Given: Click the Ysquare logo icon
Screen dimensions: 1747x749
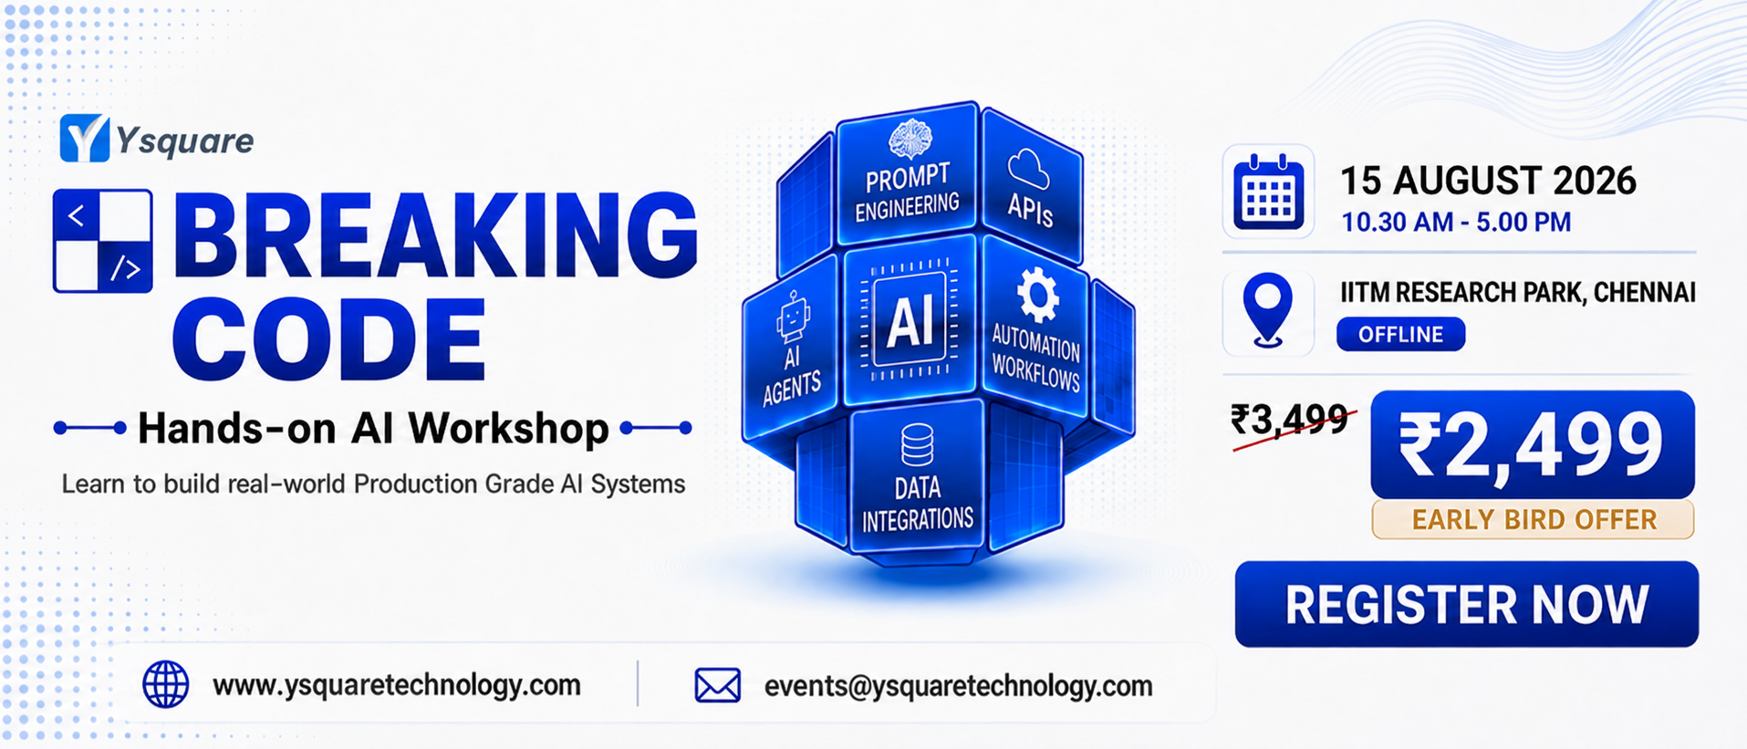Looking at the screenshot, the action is (x=85, y=139).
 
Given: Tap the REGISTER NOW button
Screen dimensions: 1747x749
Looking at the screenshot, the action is (x=1466, y=604).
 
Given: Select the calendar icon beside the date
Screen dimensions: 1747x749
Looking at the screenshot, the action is (x=1268, y=192).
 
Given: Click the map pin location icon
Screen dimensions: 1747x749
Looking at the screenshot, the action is (x=1267, y=310).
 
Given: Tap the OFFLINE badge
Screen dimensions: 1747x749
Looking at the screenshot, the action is (x=1400, y=334).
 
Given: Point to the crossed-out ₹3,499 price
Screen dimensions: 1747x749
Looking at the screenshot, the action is (x=1289, y=421).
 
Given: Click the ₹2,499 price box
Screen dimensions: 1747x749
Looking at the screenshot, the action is (x=1532, y=444).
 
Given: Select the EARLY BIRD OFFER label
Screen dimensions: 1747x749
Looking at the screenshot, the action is (x=1533, y=519).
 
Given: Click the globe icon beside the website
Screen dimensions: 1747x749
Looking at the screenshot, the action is (x=166, y=684).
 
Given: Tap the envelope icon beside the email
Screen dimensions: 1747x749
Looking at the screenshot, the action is (x=718, y=685).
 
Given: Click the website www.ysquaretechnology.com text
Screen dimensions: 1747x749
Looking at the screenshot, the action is (x=397, y=685).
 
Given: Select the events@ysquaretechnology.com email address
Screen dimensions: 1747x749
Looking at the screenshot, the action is (x=958, y=686).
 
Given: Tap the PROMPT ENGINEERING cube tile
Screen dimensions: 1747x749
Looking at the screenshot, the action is (x=907, y=174).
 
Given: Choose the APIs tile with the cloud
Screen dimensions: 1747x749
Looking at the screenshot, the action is (x=1031, y=187).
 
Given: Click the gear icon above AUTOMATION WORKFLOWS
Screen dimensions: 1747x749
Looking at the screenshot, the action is (x=1037, y=295).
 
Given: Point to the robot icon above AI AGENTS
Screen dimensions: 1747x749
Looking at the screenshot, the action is (x=792, y=317).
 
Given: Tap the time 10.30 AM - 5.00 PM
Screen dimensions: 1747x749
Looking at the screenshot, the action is (x=1456, y=222).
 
